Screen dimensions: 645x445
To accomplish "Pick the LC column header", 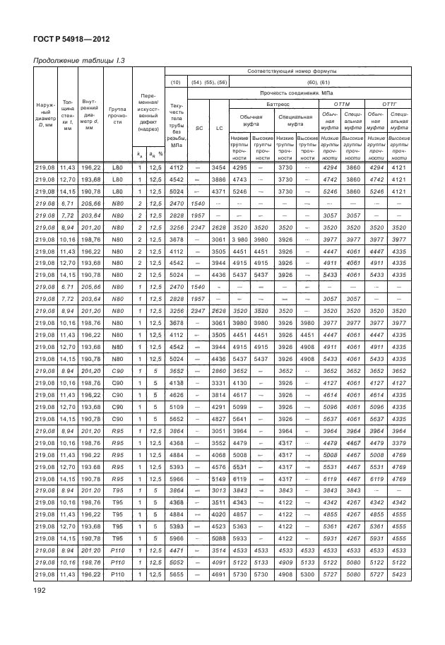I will coord(219,128).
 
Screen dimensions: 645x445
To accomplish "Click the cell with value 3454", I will coord(219,167).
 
